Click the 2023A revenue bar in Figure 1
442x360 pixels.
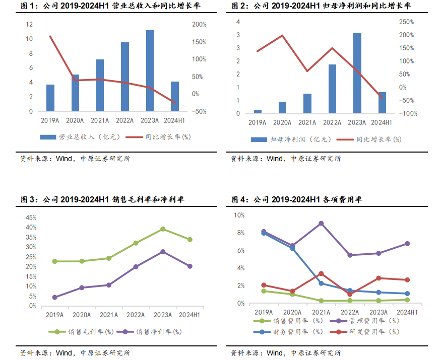[x=150, y=70]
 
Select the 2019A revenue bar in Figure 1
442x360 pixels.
[x=50, y=98]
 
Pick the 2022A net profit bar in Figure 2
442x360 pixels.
[x=332, y=89]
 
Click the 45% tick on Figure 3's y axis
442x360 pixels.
[x=30, y=218]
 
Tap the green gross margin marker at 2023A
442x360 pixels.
[x=163, y=229]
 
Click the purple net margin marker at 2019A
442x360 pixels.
[x=54, y=297]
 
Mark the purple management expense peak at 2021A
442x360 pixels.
[x=321, y=223]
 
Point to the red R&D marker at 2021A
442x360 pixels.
[x=321, y=273]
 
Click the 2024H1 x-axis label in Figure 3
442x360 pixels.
[x=190, y=315]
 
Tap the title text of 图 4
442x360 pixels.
[x=297, y=200]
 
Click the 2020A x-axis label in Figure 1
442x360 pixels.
[x=75, y=120]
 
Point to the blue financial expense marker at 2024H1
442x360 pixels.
[x=407, y=294]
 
